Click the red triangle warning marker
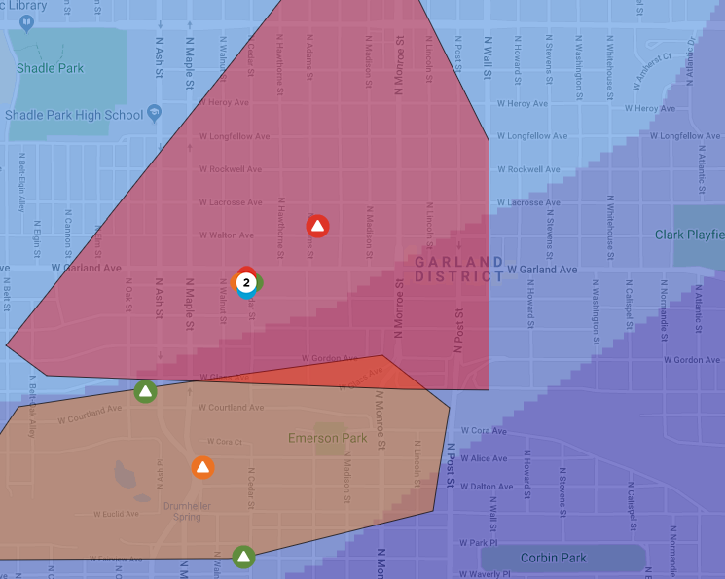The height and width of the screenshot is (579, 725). [x=317, y=227]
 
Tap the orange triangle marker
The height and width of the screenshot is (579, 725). [x=202, y=467]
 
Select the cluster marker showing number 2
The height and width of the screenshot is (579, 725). [x=247, y=283]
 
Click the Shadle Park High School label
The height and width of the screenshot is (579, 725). [x=74, y=115]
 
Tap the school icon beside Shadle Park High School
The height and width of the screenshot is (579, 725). [x=154, y=115]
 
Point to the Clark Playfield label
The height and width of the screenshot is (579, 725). [x=689, y=235]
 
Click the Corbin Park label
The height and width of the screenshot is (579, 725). [x=553, y=558]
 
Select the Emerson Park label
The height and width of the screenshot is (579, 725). [x=327, y=438]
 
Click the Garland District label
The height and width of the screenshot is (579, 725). [x=458, y=269]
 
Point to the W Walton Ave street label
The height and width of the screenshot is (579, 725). [x=227, y=235]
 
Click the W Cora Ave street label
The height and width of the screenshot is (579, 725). [x=484, y=430]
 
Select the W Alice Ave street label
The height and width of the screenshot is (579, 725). [x=484, y=458]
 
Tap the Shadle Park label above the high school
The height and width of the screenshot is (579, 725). [x=51, y=68]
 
